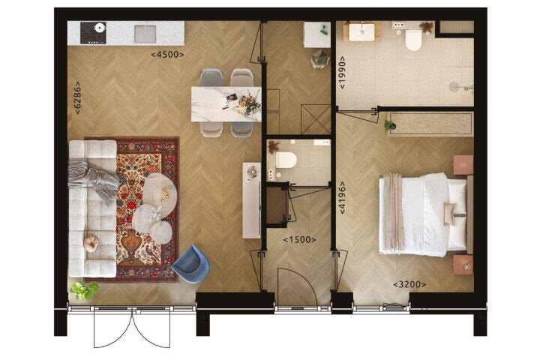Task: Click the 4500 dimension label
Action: tap(167, 55)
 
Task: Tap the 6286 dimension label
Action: tap(78, 97)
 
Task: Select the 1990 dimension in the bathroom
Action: tap(342, 72)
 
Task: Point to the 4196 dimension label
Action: tap(342, 198)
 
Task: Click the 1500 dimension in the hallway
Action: tap(299, 239)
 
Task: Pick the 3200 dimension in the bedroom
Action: tap(409, 284)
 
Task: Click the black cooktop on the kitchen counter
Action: tap(93, 33)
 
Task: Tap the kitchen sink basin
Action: tap(145, 34)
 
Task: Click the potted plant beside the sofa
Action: tap(84, 291)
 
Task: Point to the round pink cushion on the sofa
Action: tap(91, 243)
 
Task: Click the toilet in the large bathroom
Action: tap(413, 40)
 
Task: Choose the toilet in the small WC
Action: tap(286, 160)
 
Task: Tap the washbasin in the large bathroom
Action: tap(361, 31)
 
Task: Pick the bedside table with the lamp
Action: tap(463, 265)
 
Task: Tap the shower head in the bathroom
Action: tap(454, 87)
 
